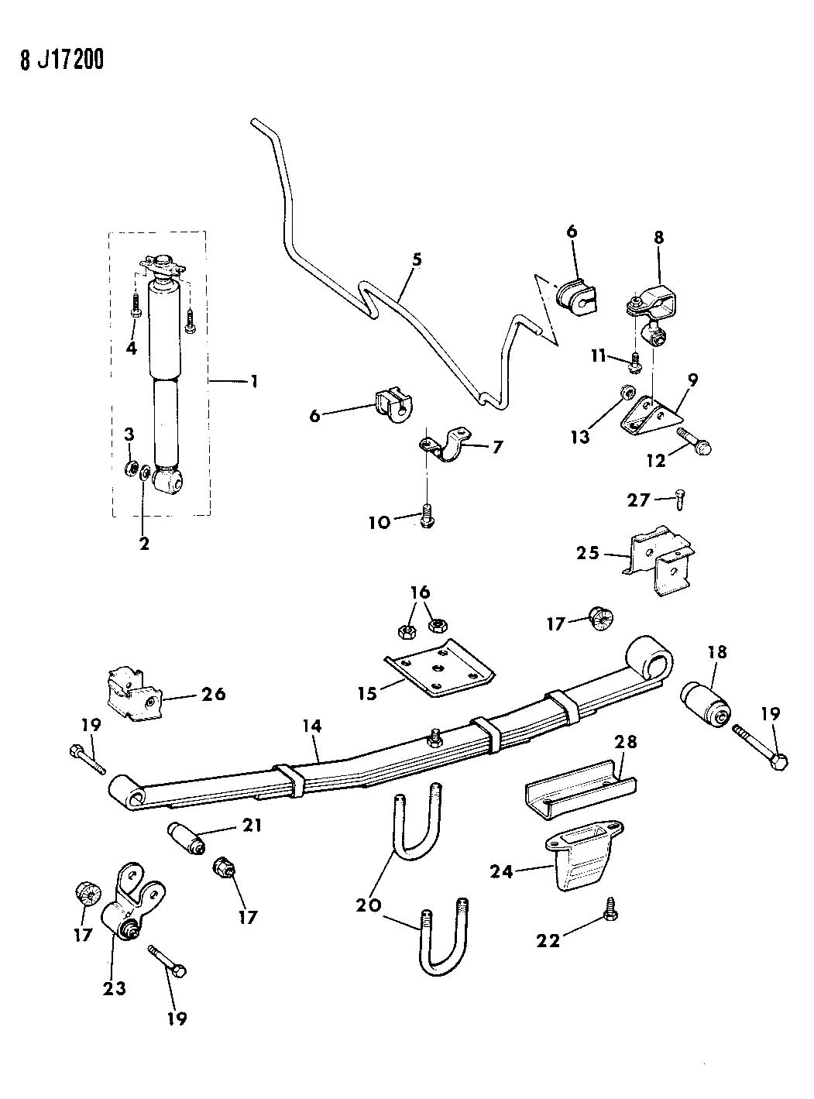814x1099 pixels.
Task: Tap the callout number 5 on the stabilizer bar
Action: [x=417, y=259]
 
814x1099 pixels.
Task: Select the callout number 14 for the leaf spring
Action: [x=312, y=726]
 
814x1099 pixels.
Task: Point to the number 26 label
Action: [x=214, y=694]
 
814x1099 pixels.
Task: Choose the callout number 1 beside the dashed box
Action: [x=253, y=382]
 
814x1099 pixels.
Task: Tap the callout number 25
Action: [x=588, y=554]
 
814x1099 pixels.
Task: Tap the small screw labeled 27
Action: [x=678, y=499]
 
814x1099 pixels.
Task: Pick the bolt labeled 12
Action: [x=694, y=440]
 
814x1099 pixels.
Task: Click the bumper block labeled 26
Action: [x=133, y=693]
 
